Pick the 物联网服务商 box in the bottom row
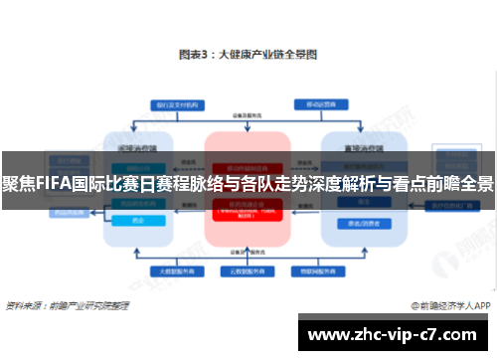point(311,270)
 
